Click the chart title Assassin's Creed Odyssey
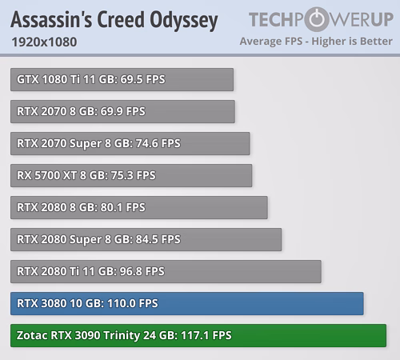click(114, 20)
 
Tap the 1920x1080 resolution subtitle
click(44, 42)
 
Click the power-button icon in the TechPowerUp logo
click(317, 19)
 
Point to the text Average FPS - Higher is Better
click(316, 41)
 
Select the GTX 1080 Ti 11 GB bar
click(122, 79)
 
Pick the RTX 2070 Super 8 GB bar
click(130, 143)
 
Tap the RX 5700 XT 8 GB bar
click(131, 175)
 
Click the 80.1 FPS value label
click(122, 207)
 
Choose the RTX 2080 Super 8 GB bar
click(146, 239)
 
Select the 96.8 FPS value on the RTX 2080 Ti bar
click(142, 271)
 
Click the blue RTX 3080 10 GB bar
click(187, 303)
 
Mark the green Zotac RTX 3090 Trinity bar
click(198, 335)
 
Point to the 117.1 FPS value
click(206, 335)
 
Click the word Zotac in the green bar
click(32, 335)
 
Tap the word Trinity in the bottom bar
click(122, 336)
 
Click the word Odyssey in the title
click(184, 21)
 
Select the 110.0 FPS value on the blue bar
click(133, 303)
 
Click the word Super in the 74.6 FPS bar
click(86, 144)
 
